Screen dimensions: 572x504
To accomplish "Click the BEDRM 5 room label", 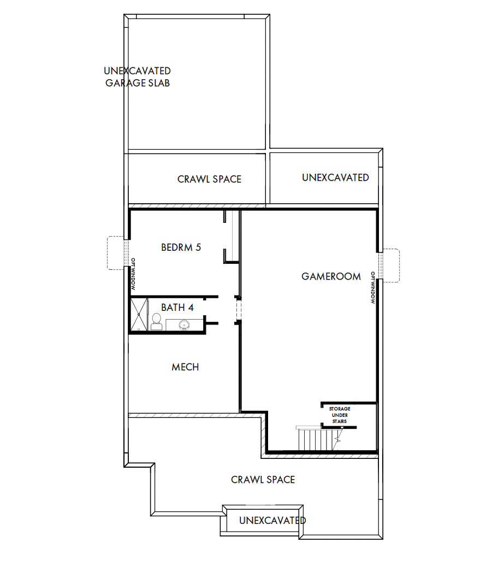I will (x=181, y=247).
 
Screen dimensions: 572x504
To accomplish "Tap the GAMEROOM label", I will (x=331, y=276).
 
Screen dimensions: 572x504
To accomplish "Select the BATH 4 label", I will (x=177, y=308).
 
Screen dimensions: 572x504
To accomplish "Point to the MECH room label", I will (x=185, y=367).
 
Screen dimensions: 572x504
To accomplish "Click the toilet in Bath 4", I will (x=156, y=322).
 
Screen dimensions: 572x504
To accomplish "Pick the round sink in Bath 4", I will (x=183, y=325).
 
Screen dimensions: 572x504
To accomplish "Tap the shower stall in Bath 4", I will (x=139, y=315).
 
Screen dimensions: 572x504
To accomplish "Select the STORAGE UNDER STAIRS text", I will (x=339, y=415).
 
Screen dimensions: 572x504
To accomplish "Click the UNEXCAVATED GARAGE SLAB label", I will (x=138, y=77).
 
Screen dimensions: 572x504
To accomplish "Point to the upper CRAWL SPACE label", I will (x=209, y=179).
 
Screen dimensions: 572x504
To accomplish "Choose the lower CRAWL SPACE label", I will (x=263, y=480).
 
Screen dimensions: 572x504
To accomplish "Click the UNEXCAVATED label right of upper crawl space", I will (x=335, y=178).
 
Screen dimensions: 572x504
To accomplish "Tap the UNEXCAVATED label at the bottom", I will (x=272, y=521).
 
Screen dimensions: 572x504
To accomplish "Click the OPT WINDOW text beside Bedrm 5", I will (x=133, y=274).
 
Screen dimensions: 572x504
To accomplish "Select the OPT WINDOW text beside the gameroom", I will (x=373, y=287).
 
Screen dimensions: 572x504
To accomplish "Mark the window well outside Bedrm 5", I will (x=115, y=252).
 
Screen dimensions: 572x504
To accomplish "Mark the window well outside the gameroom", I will (x=392, y=265).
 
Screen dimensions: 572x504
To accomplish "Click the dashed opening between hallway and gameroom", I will (x=238, y=310).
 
